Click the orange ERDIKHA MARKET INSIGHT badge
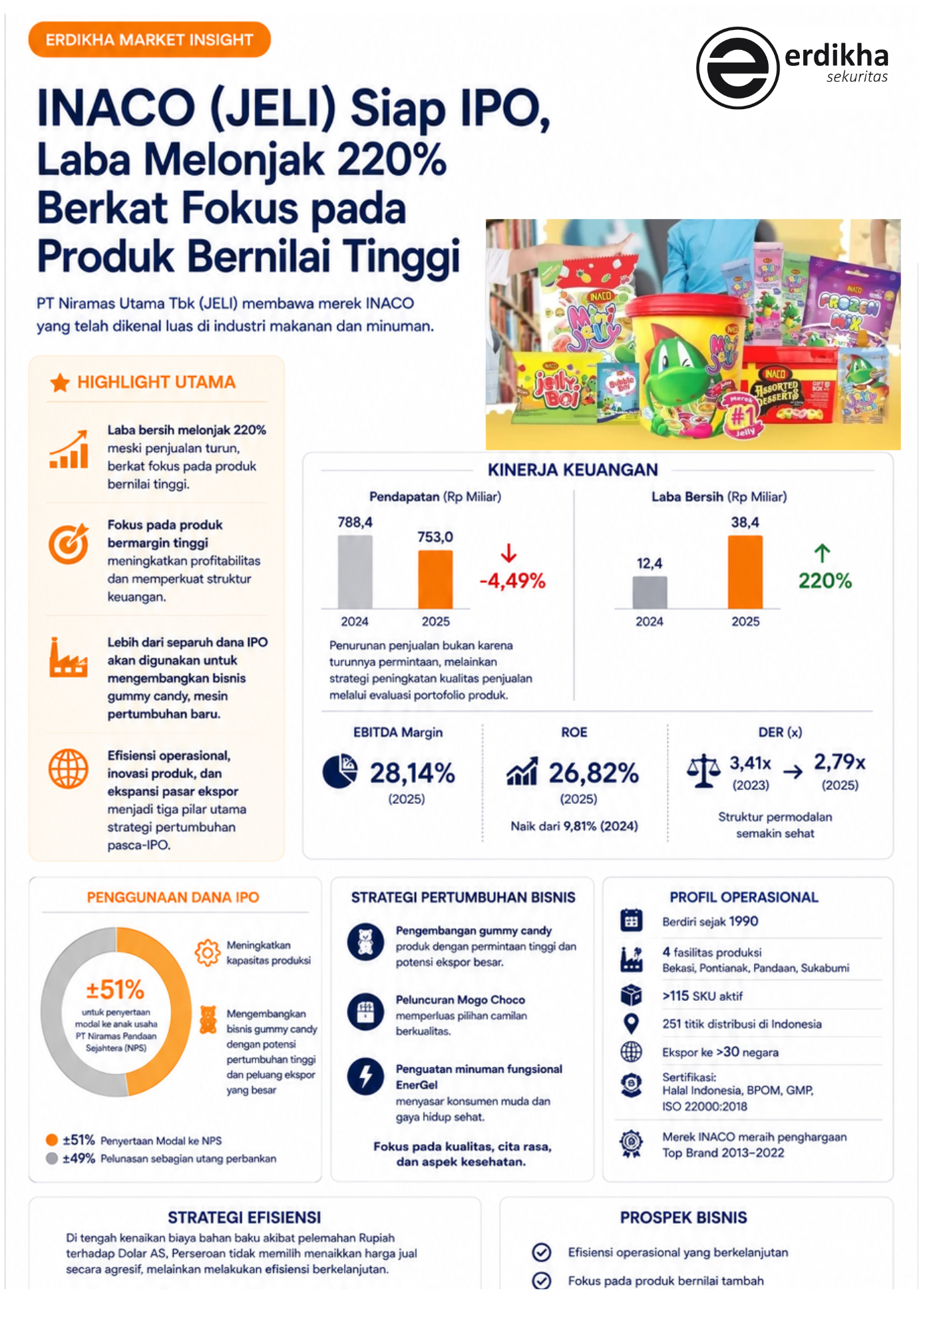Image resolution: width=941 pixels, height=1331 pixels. coord(149,39)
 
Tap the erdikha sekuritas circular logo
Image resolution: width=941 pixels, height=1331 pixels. coord(737,68)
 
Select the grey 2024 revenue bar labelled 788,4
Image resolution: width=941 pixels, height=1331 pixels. coord(355,572)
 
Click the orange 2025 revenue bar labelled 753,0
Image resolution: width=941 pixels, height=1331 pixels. coord(435,579)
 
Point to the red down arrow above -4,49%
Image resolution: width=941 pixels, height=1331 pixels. coord(508,552)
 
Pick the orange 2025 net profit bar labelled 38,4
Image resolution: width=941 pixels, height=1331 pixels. coord(745,572)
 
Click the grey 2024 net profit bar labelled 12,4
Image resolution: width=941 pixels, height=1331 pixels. coord(650,592)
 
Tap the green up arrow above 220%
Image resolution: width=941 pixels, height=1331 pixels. coord(822,553)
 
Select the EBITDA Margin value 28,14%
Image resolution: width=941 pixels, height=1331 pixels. coord(413,773)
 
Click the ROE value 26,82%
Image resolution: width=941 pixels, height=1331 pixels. coord(594,773)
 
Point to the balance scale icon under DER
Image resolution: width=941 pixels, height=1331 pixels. coord(703,771)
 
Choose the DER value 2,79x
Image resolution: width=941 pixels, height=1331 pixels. coord(840,761)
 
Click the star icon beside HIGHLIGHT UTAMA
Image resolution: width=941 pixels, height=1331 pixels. coord(60,382)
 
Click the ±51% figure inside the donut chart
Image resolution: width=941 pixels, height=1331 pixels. coord(115,990)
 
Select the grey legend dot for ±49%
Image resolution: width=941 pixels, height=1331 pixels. coord(52,1158)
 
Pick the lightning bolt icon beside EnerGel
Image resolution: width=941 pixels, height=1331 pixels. coord(365,1076)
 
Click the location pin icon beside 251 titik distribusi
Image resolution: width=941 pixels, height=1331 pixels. coord(631,1024)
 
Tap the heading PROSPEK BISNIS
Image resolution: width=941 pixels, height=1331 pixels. coord(683,1217)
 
